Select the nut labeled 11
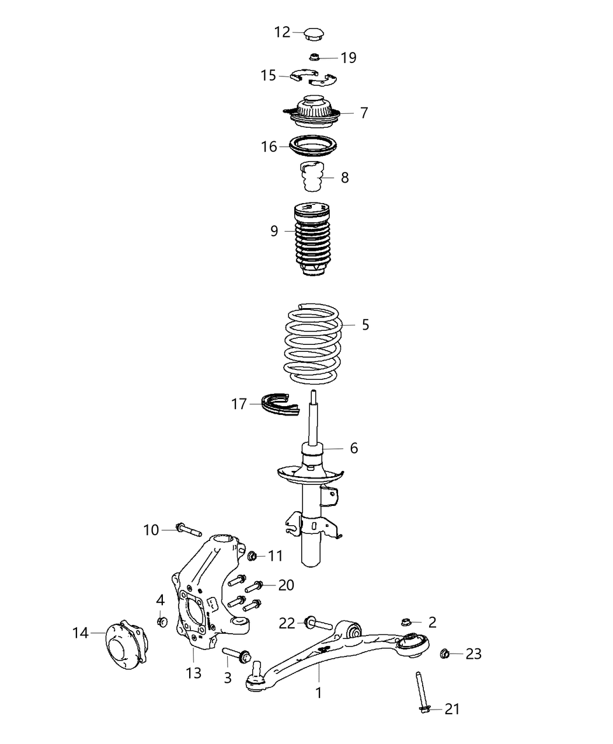coord(253,556)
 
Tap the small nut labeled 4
coord(163,621)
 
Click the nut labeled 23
coord(445,653)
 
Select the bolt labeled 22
coord(318,624)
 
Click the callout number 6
coord(354,448)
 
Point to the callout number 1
coord(319,693)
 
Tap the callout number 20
coord(286,585)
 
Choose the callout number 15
coord(268,76)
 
